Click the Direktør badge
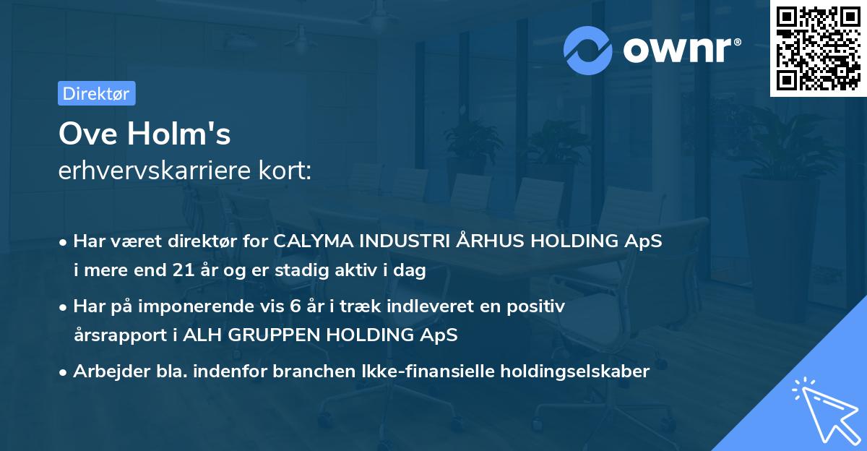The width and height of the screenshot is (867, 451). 96,93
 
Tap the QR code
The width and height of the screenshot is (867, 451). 817,48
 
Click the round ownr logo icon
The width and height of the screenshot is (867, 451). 588,49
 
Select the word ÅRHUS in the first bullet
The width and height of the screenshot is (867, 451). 491,241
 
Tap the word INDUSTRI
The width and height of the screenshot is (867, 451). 402,241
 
